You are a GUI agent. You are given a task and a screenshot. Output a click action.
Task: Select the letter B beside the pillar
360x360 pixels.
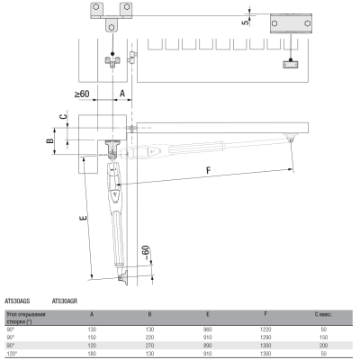(49, 141)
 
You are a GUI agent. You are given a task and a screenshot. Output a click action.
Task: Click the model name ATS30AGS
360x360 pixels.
(18, 301)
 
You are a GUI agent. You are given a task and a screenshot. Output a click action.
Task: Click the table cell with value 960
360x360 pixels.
(209, 330)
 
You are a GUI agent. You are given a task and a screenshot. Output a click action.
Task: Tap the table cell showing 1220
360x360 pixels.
(265, 330)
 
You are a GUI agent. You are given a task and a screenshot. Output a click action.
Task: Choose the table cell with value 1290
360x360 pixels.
(265, 337)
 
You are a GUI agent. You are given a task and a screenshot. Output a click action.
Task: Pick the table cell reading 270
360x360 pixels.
(149, 346)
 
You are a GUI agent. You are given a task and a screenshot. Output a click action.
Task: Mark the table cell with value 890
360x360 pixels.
(209, 346)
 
